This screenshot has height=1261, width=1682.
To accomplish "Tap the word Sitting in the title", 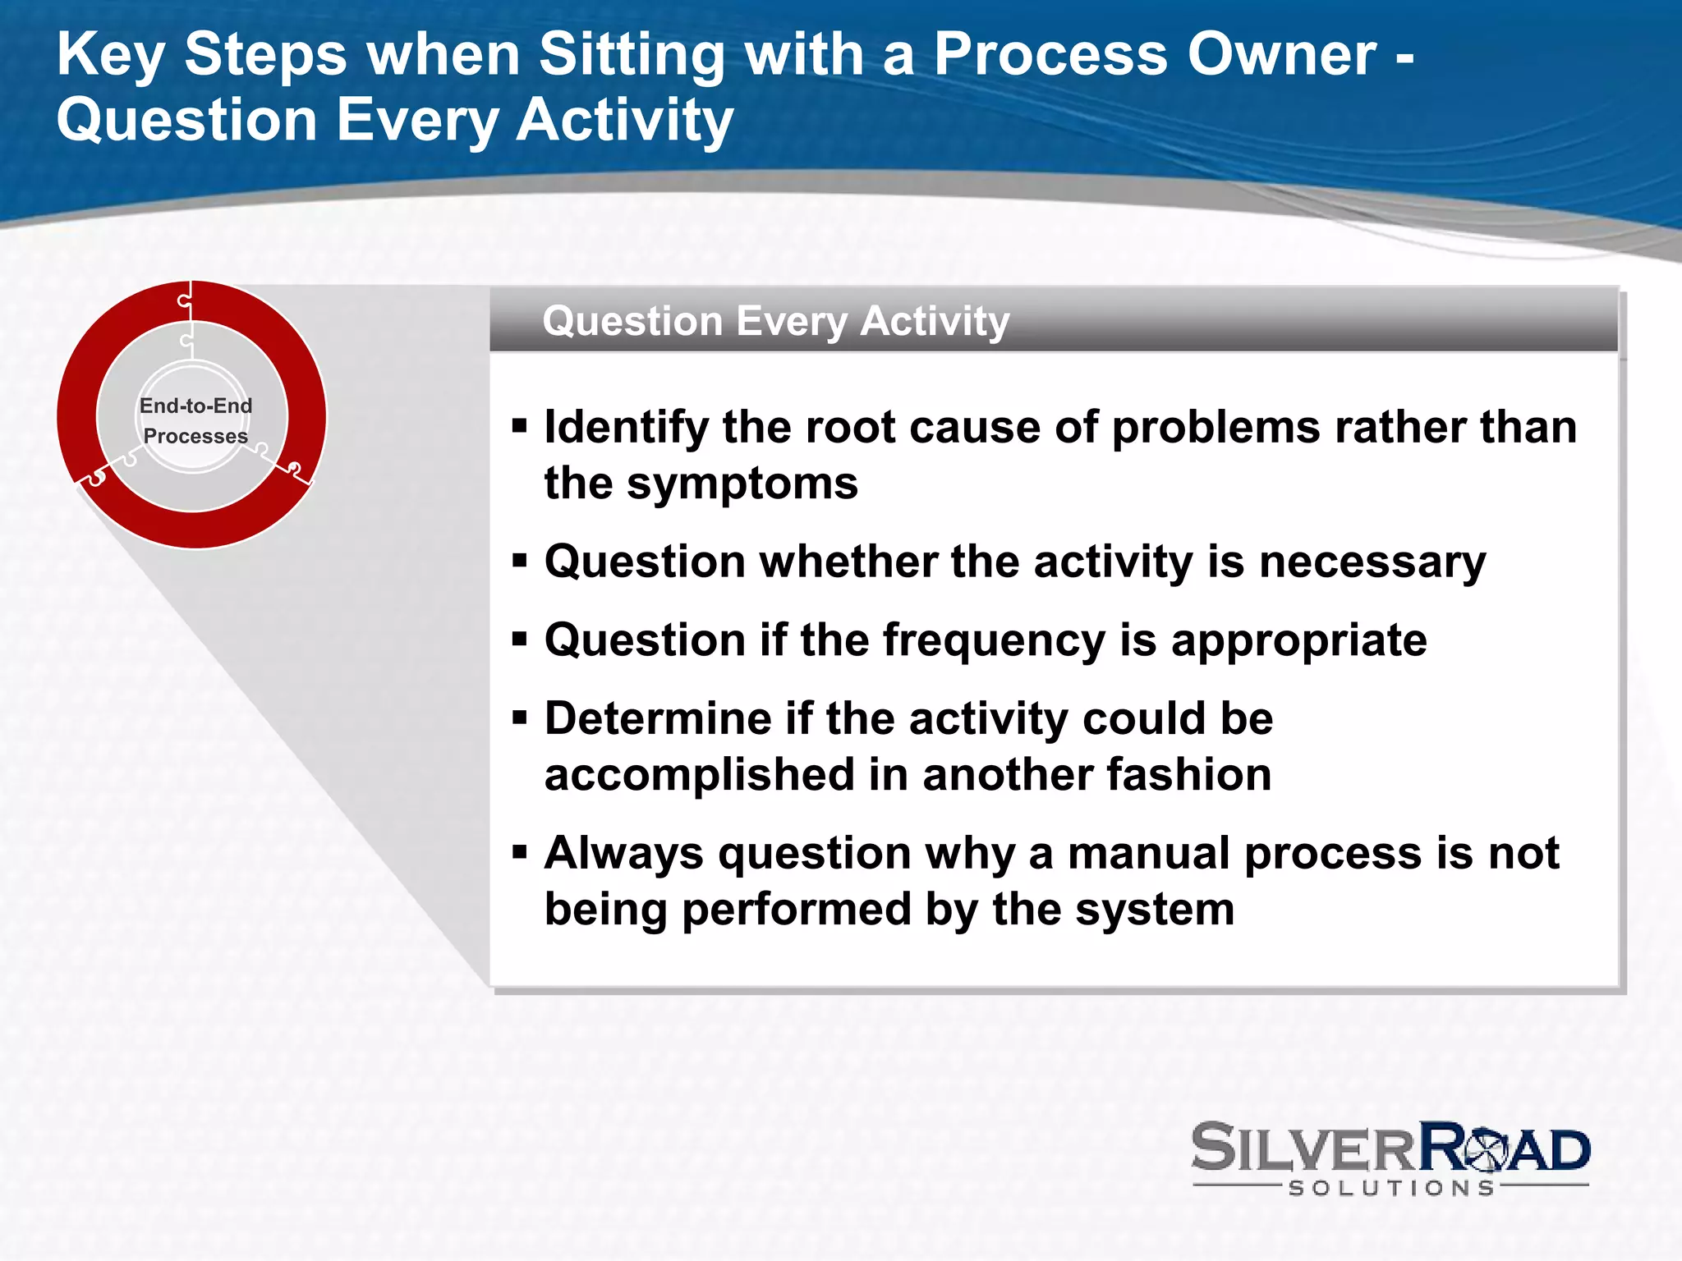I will pos(631,56).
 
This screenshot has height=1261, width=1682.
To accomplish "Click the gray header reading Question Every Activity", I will pos(775,321).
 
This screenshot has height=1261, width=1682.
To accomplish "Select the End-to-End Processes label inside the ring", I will pos(195,420).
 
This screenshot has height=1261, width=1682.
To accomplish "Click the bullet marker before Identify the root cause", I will pos(519,426).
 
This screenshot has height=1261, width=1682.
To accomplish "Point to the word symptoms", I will pos(742,483).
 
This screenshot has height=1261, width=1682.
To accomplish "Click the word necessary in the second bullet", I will pos(1372,562).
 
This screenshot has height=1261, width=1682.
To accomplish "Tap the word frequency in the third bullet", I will pos(994,640).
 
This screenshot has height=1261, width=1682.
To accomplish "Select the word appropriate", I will pos(1298,640).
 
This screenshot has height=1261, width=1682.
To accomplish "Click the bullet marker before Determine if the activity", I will pos(519,718).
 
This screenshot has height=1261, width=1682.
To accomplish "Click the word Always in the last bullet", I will pos(624,853).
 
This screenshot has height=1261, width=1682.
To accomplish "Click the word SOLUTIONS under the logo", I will pos(1391,1188).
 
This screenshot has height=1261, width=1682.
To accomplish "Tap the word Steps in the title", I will pos(265,56).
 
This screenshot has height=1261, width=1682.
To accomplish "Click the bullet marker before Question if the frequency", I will pos(519,640).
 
